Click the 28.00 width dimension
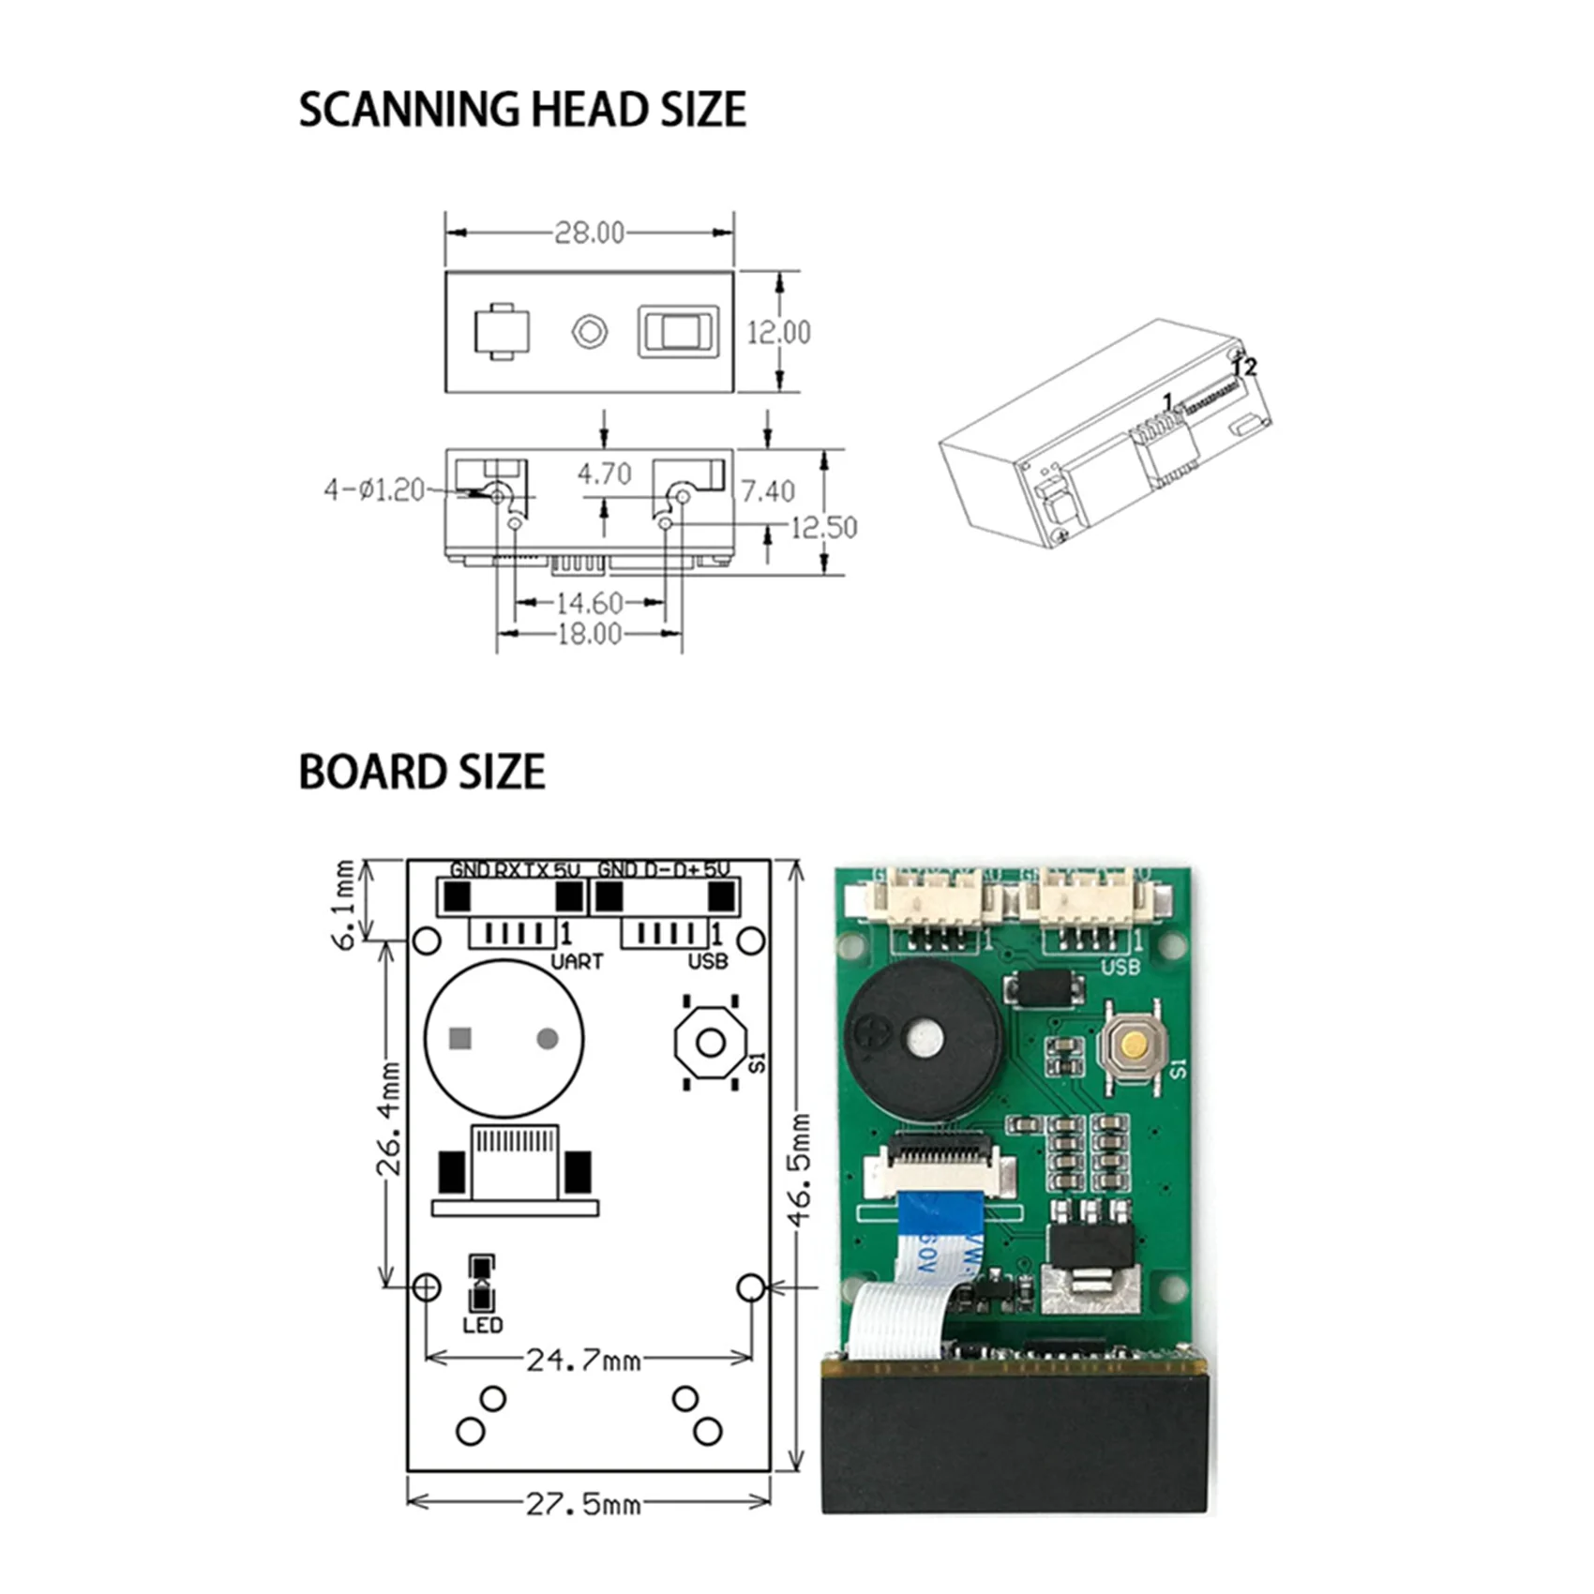[x=589, y=233]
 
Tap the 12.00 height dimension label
[x=778, y=332]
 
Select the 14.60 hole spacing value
[x=589, y=603]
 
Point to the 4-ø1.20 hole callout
[x=374, y=489]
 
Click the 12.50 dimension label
[x=823, y=528]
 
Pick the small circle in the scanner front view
[x=589, y=331]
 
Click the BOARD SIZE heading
[x=421, y=773]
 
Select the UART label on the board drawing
[x=576, y=961]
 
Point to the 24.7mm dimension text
[x=583, y=1360]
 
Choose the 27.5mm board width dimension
[x=583, y=1504]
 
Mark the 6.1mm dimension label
[x=345, y=904]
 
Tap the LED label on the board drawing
[x=482, y=1325]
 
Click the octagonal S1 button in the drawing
[x=711, y=1043]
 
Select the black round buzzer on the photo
[x=923, y=1039]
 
